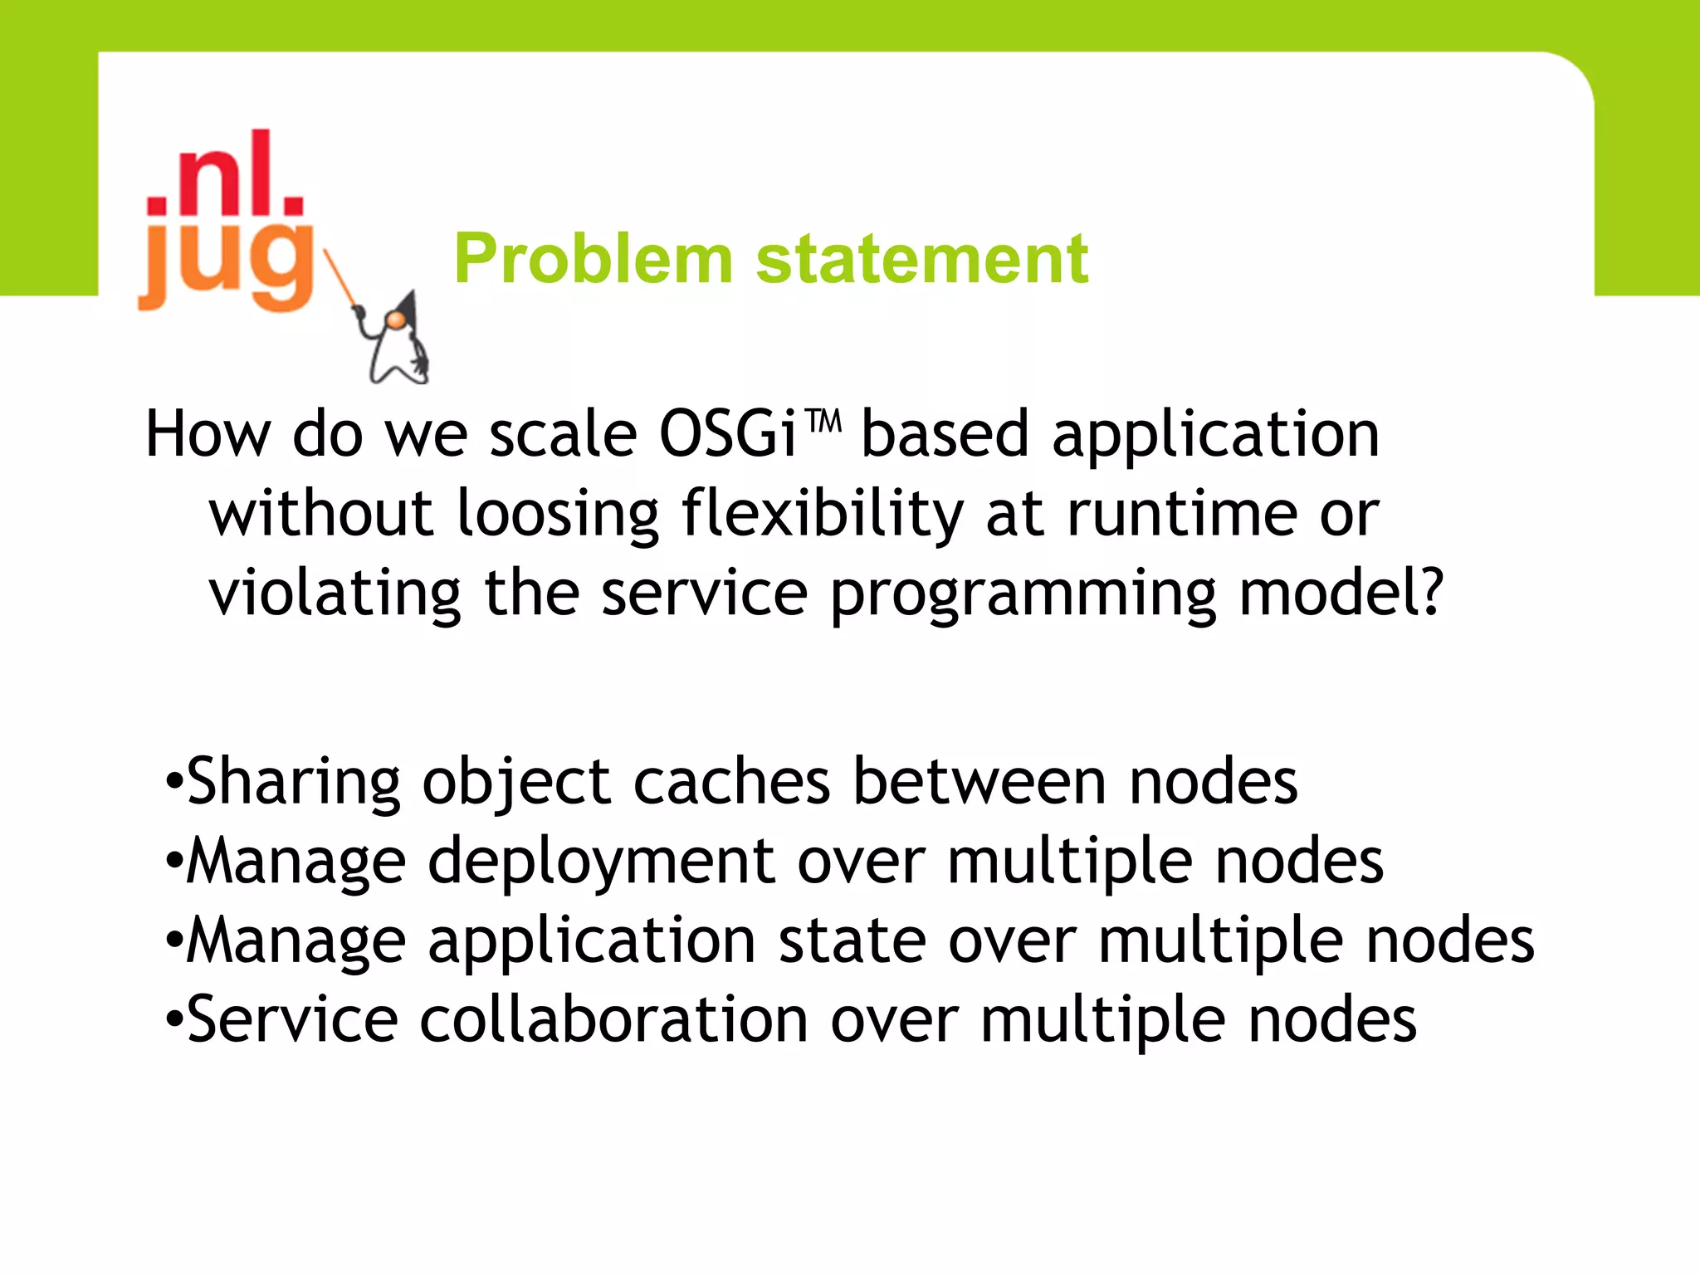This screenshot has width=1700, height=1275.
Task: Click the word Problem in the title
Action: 593,259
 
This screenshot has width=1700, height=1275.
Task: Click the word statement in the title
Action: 921,259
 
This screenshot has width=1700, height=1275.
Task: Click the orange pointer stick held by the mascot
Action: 340,279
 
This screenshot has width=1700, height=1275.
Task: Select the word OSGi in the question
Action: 729,434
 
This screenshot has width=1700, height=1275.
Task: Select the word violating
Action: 334,594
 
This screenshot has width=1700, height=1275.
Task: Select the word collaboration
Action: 613,1021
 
